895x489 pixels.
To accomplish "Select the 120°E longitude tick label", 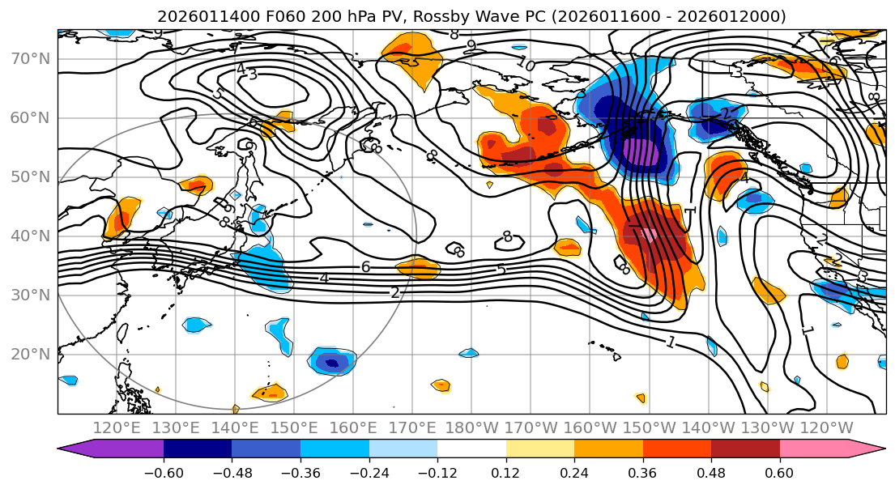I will click(117, 427).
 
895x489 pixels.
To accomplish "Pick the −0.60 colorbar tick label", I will click(164, 472).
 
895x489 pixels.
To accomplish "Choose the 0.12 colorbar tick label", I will click(505, 472).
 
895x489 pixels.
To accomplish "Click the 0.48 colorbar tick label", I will click(711, 472).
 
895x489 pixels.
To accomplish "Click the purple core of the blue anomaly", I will click(640, 153).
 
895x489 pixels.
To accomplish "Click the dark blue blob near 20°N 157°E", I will click(331, 362).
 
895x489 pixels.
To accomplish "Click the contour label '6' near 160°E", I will click(365, 266).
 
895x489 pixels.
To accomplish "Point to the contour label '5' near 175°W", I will click(501, 269).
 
